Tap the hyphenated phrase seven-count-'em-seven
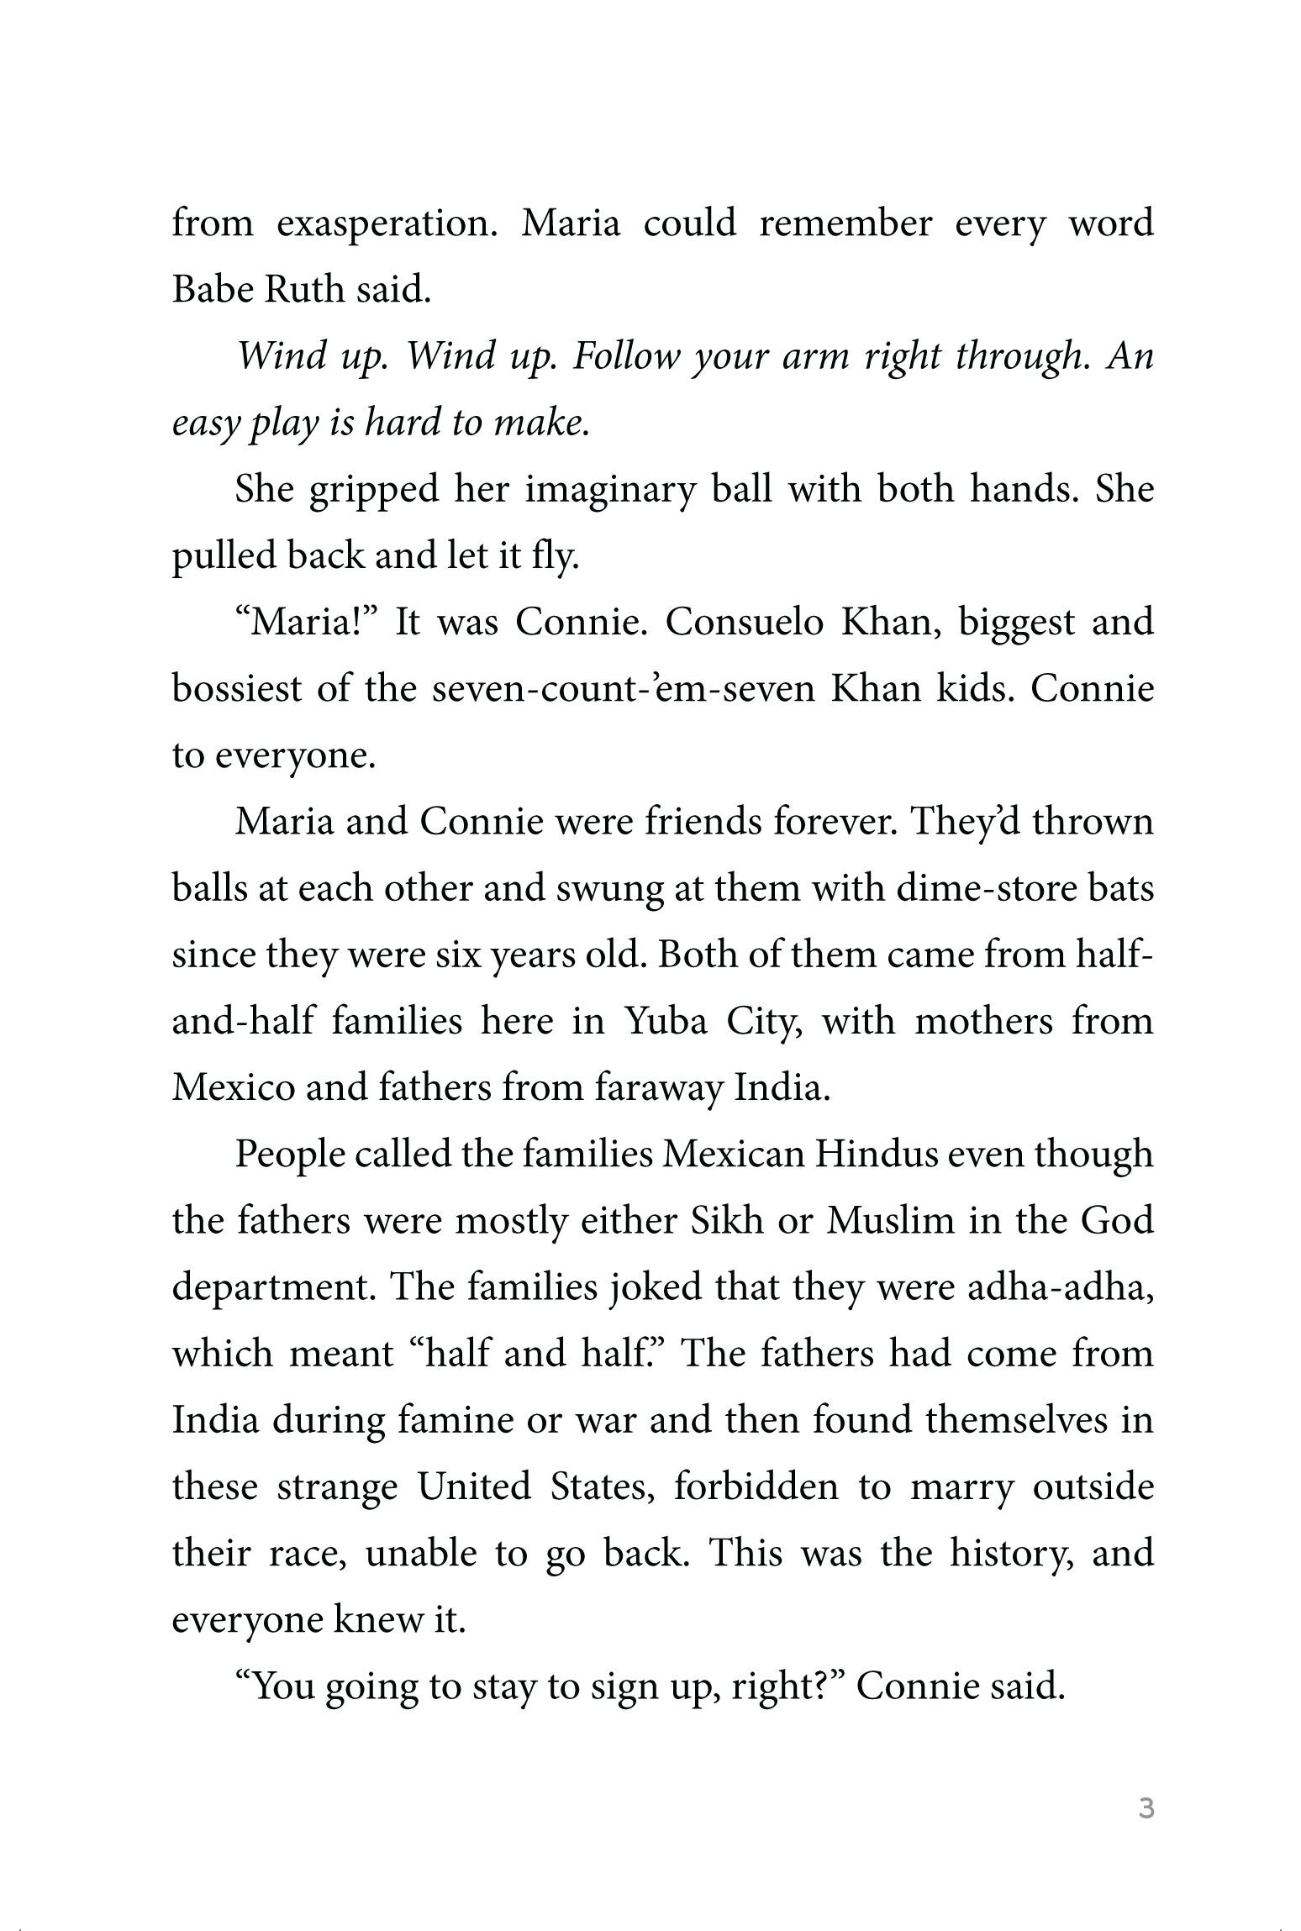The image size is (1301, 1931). click(x=624, y=689)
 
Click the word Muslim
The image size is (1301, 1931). click(x=891, y=1221)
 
